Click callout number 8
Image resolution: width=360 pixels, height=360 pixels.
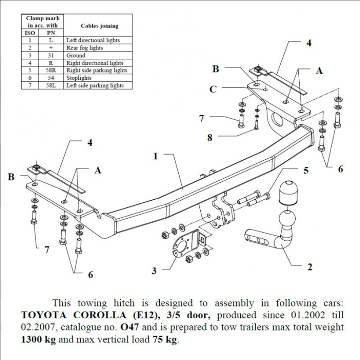click(x=209, y=138)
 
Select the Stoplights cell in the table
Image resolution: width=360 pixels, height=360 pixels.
click(x=79, y=78)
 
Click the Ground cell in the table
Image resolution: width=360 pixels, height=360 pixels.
click(x=76, y=55)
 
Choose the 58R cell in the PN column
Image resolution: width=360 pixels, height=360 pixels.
click(x=51, y=70)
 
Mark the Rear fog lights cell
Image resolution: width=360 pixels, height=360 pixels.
click(x=84, y=48)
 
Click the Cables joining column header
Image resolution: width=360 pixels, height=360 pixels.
click(x=99, y=26)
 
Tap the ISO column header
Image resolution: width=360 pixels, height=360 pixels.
click(x=30, y=33)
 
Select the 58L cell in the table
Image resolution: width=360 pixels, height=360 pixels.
click(x=51, y=85)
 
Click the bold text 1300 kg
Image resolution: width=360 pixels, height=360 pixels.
click(x=38, y=340)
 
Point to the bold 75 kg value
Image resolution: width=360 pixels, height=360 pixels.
click(x=165, y=340)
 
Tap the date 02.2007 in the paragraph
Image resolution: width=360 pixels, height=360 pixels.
click(x=38, y=328)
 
